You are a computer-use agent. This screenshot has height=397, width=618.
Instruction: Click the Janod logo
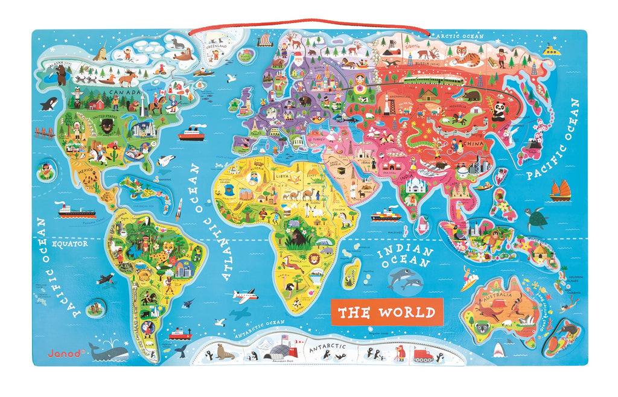(63, 354)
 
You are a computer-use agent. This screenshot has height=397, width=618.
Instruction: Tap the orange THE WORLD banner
(386, 312)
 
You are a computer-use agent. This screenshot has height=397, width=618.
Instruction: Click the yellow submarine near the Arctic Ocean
(552, 50)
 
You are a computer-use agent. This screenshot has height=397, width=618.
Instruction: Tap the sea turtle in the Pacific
(535, 217)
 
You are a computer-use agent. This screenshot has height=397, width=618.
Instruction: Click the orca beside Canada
(49, 104)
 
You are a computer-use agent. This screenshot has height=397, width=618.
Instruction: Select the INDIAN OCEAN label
(406, 258)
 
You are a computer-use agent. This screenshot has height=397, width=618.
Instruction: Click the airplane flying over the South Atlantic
(246, 296)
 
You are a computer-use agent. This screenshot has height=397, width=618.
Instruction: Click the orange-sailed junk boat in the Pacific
(561, 191)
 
